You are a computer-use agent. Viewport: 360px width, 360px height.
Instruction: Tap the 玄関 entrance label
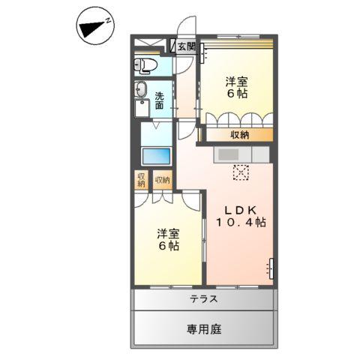click(x=186, y=46)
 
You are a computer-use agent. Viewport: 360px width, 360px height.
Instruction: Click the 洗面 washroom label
click(x=162, y=100)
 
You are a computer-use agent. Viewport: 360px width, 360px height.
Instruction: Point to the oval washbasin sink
click(x=141, y=91)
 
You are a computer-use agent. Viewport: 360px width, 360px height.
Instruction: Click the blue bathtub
click(x=157, y=158)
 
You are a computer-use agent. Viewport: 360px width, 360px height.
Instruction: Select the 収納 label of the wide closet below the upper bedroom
click(x=240, y=135)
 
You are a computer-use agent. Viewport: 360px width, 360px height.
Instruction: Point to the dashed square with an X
click(x=241, y=172)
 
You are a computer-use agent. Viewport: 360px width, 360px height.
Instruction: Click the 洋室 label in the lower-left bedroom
click(x=167, y=232)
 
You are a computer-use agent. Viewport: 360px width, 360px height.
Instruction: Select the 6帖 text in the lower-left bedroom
click(x=167, y=245)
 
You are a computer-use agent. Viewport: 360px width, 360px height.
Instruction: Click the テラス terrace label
click(x=203, y=298)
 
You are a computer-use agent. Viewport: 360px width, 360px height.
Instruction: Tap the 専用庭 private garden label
click(x=203, y=328)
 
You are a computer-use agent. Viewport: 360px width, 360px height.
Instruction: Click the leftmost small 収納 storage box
click(x=140, y=180)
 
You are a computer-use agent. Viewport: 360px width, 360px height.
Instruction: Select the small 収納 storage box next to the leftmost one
click(x=162, y=180)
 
